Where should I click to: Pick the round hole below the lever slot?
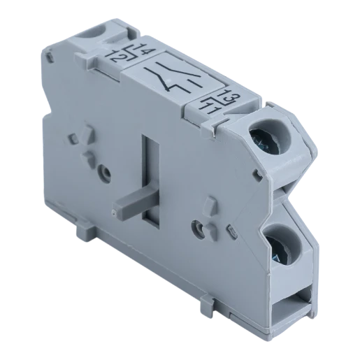point(201,226)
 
